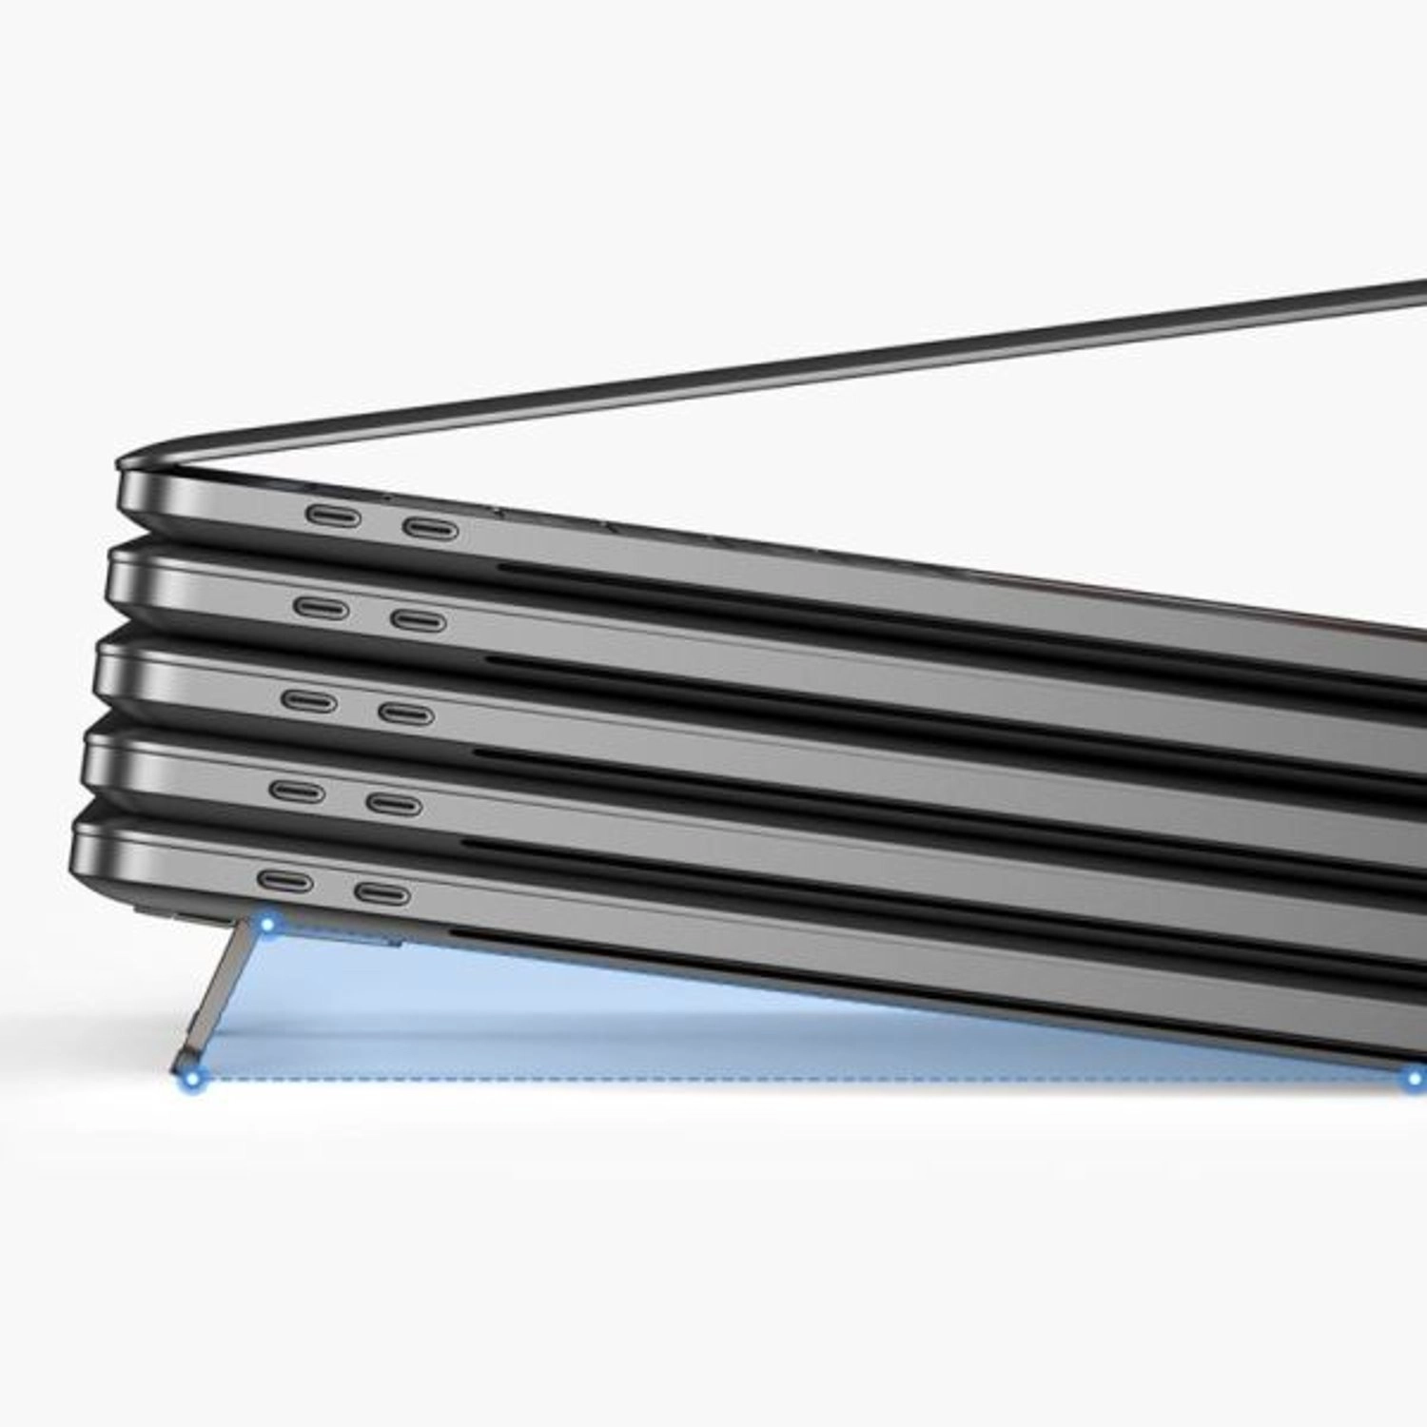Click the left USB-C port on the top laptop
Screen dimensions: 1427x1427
point(333,517)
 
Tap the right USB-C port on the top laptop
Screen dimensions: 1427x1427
point(430,529)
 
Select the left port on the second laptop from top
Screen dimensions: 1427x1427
point(322,607)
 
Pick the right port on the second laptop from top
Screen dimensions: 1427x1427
point(419,621)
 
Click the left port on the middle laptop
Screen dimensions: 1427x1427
point(309,701)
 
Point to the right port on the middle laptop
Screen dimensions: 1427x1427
point(406,713)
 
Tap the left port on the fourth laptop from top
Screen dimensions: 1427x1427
point(298,791)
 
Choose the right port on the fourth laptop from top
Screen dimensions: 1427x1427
point(394,804)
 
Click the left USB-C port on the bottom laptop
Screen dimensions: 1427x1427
point(285,882)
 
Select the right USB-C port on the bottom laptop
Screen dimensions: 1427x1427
point(382,893)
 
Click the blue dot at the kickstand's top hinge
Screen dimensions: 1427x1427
point(269,924)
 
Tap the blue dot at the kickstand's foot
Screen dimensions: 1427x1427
point(197,1078)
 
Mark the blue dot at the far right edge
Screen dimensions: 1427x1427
point(1416,1078)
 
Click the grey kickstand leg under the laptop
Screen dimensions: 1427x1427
point(228,999)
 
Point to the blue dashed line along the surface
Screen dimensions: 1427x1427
point(761,1079)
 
